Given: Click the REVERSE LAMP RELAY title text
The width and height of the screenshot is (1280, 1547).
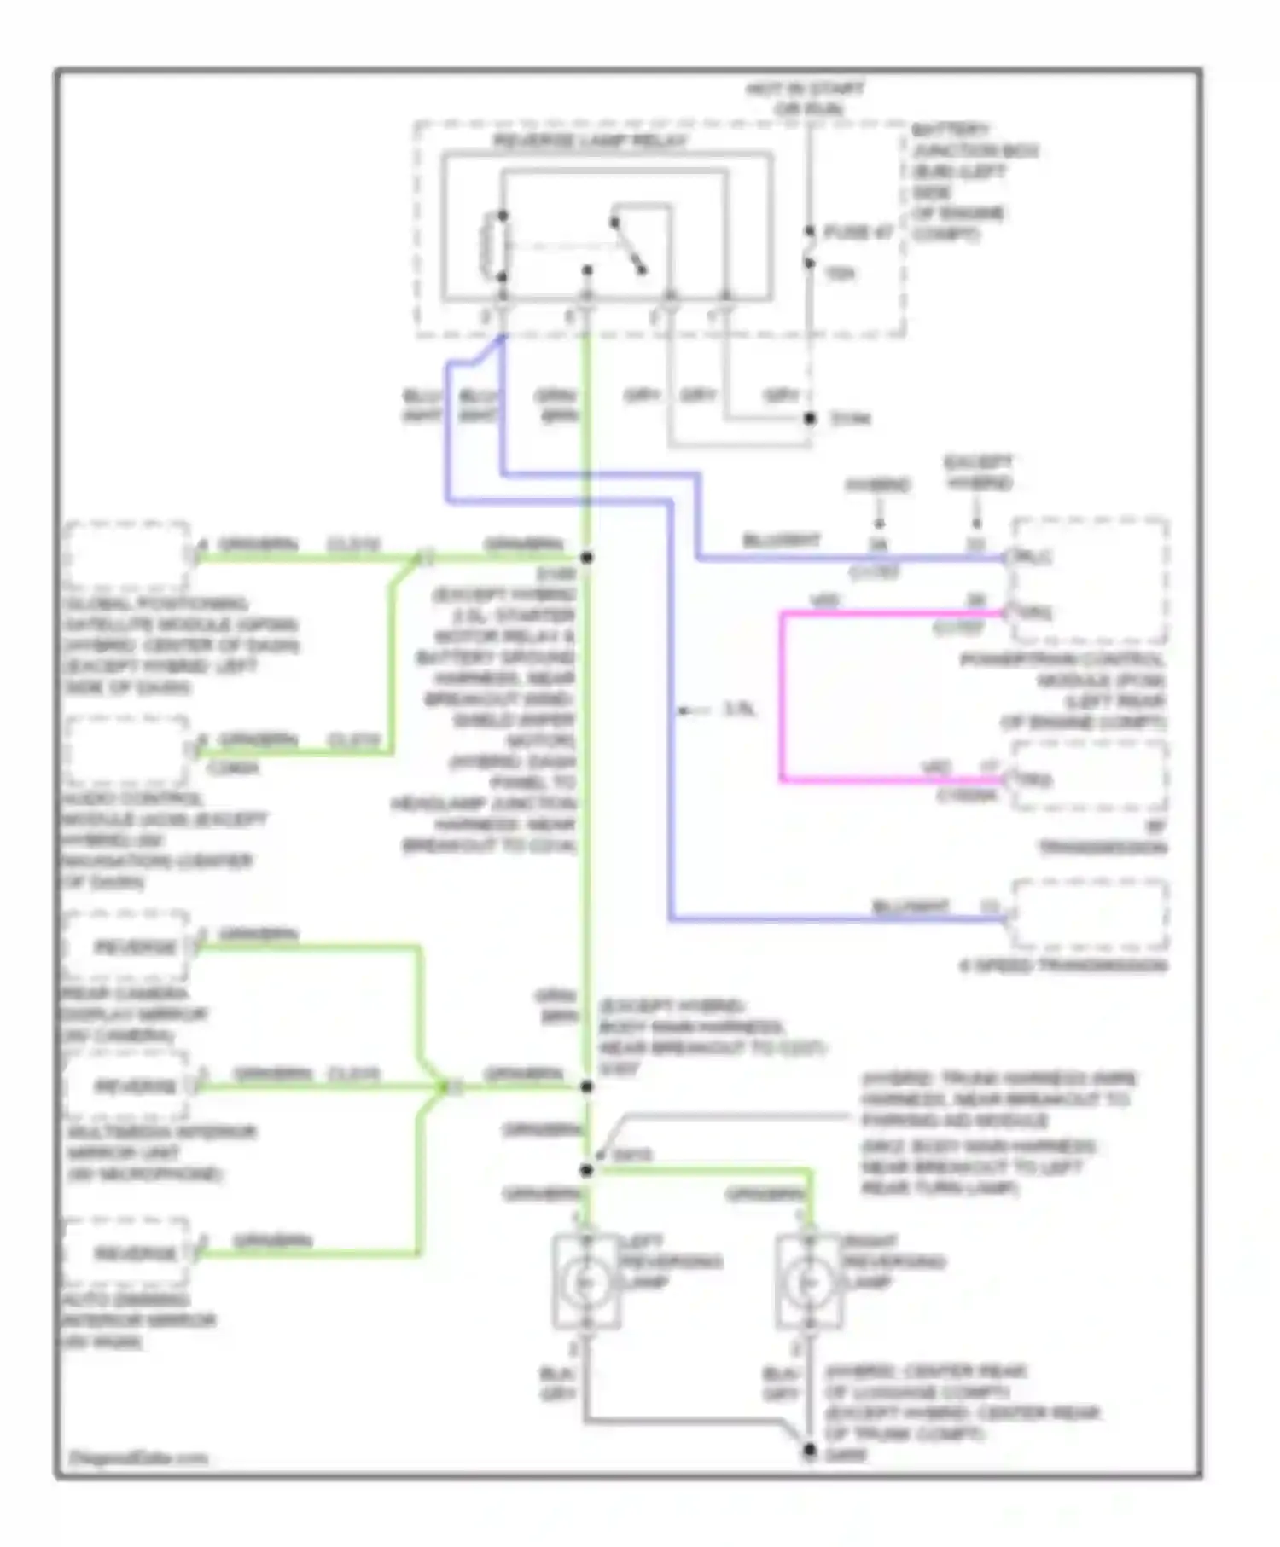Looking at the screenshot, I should point(590,142).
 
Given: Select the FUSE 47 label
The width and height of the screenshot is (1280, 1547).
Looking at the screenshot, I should point(858,232).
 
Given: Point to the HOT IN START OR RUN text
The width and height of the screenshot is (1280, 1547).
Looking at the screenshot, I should point(806,99).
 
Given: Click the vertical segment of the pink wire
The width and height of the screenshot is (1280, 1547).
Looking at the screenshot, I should point(782,696).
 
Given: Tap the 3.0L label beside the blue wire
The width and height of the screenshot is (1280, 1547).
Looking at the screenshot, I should point(739,710).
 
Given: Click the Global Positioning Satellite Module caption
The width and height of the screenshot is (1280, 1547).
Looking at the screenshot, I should point(179,645).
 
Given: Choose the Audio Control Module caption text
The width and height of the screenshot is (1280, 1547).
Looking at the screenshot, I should point(162,840).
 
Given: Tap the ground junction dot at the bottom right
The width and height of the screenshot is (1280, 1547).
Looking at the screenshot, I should point(808,1450).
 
